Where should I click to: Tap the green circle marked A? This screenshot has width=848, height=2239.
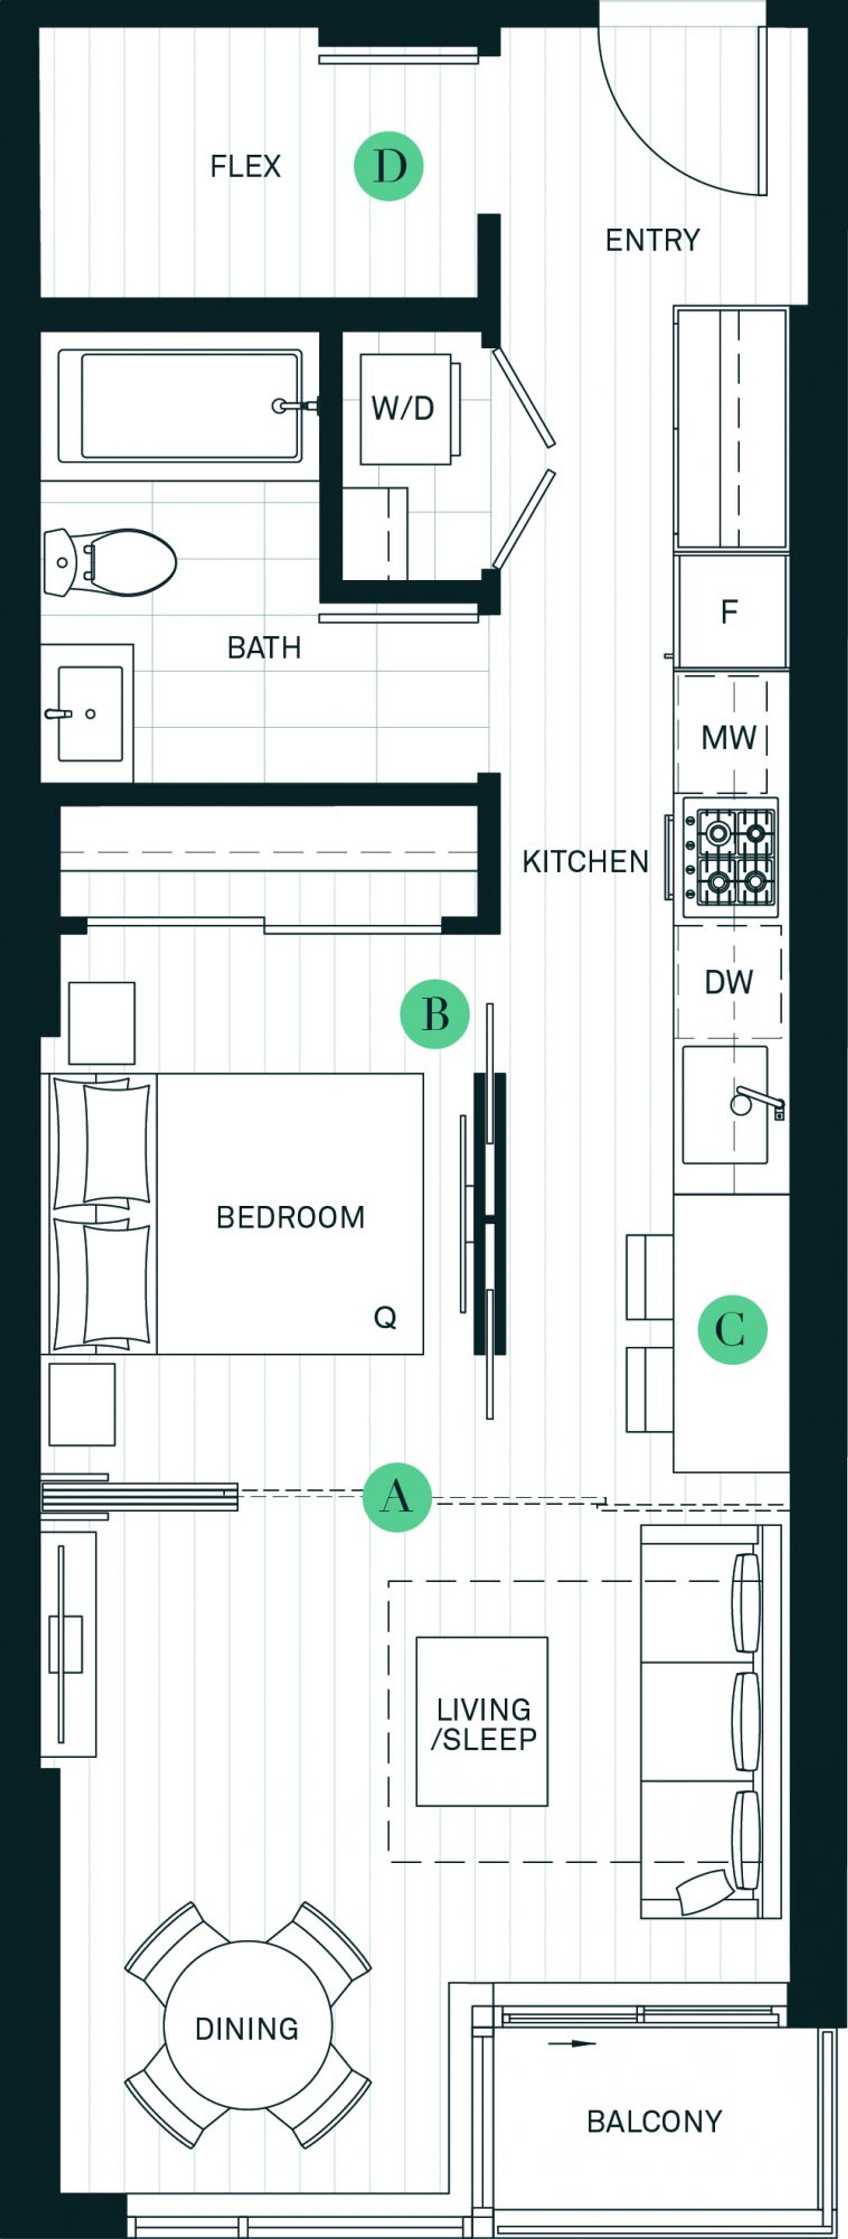click(x=397, y=1497)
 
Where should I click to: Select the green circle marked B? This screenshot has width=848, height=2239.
click(x=435, y=1013)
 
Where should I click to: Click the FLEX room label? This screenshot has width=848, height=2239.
click(x=246, y=166)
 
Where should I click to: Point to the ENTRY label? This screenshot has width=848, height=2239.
click(x=652, y=240)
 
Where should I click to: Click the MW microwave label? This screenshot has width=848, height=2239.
click(x=729, y=738)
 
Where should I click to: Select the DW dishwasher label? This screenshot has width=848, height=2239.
click(x=729, y=982)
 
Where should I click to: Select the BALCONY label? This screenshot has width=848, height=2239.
click(x=654, y=2122)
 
